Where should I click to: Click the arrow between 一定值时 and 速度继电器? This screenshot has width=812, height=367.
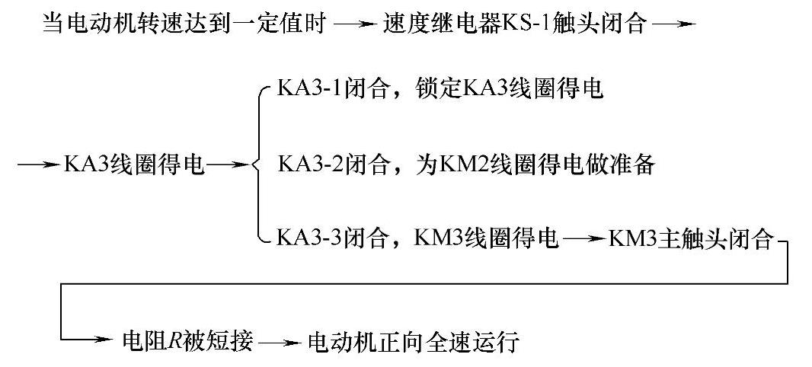tap(354, 25)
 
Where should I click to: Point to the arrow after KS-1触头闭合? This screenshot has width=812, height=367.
tap(675, 25)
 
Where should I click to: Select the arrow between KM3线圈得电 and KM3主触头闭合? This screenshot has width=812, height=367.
tap(583, 240)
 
